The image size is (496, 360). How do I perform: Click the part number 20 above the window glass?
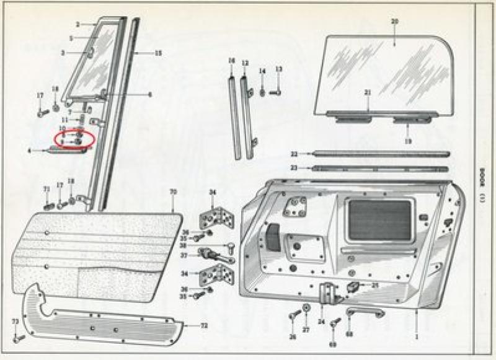pos(394,22)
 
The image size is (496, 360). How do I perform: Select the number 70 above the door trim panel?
pos(173,192)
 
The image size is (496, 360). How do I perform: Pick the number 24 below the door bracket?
pos(321,322)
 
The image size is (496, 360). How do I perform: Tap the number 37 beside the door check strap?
pos(184,255)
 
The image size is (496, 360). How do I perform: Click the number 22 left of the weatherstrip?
pos(293,154)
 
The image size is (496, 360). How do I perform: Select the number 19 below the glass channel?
pos(408,142)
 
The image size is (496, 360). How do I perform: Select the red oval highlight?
pos(74,139)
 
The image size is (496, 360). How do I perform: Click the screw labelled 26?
pos(294,317)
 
